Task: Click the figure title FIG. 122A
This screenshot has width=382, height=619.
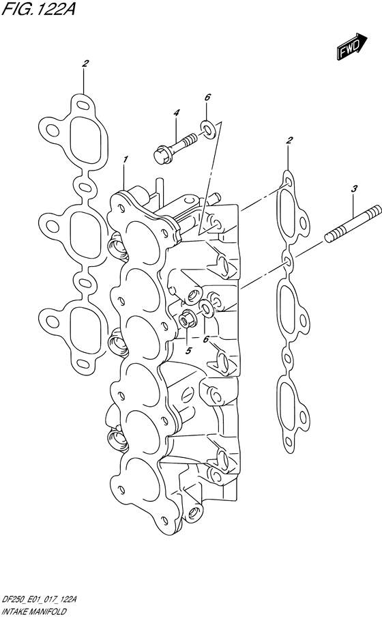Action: coord(38,9)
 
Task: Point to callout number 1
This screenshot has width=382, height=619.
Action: coord(126,160)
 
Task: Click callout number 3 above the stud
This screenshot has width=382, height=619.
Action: coord(355,189)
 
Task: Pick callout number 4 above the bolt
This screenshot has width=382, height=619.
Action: coord(176,113)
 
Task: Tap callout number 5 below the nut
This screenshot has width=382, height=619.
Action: coord(188,350)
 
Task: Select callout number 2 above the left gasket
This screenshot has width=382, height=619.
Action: coord(85,63)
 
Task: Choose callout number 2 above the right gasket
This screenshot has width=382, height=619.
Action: coord(290,140)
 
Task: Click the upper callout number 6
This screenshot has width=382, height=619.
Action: coord(207,97)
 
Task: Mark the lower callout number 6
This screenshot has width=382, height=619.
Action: coord(205,339)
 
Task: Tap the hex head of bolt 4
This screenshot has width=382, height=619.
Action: coord(160,154)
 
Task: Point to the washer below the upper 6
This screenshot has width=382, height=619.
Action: coord(207,130)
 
